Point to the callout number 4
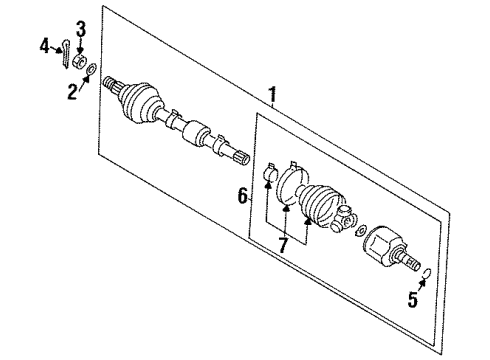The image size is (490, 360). pyautogui.click(x=45, y=44)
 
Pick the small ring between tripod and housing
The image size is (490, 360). pyautogui.click(x=361, y=232)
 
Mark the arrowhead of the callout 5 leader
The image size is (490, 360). pyautogui.click(x=421, y=282)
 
